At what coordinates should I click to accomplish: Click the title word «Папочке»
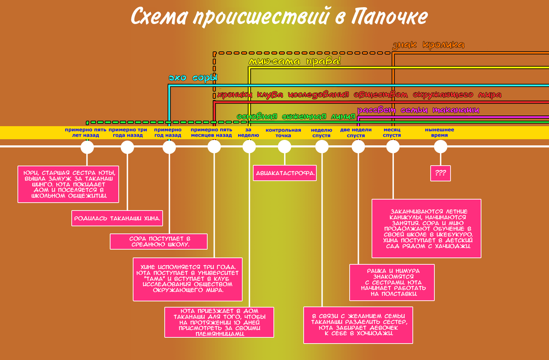pyautogui.click(x=389, y=16)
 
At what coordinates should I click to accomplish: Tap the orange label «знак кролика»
pyautogui.click(x=428, y=45)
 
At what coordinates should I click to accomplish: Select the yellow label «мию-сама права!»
pyautogui.click(x=295, y=61)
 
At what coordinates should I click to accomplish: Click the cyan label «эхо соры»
pyautogui.click(x=193, y=78)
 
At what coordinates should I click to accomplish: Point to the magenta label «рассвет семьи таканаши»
pyautogui.click(x=418, y=110)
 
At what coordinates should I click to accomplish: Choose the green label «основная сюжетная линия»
pyautogui.click(x=296, y=117)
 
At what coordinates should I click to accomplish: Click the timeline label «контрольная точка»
pyautogui.click(x=283, y=133)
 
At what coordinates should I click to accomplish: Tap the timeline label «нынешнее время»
pyautogui.click(x=439, y=132)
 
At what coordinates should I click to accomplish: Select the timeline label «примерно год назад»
pyautogui.click(x=168, y=132)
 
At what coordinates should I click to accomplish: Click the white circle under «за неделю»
pyautogui.click(x=249, y=147)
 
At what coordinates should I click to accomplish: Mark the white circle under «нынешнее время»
pyautogui.click(x=441, y=147)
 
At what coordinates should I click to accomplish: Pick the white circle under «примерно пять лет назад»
pyautogui.click(x=87, y=147)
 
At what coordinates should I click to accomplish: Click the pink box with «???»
pyautogui.click(x=440, y=173)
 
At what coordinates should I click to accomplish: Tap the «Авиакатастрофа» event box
pyautogui.click(x=285, y=173)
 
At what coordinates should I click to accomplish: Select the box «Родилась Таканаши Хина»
pyautogui.click(x=117, y=218)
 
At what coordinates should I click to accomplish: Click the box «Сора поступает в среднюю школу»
pyautogui.click(x=159, y=241)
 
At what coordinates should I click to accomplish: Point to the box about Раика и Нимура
pyautogui.click(x=392, y=282)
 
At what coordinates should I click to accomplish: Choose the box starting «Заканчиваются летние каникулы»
pyautogui.click(x=426, y=228)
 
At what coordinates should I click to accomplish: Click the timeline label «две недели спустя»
pyautogui.click(x=356, y=133)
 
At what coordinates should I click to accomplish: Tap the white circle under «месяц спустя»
pyautogui.click(x=393, y=147)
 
